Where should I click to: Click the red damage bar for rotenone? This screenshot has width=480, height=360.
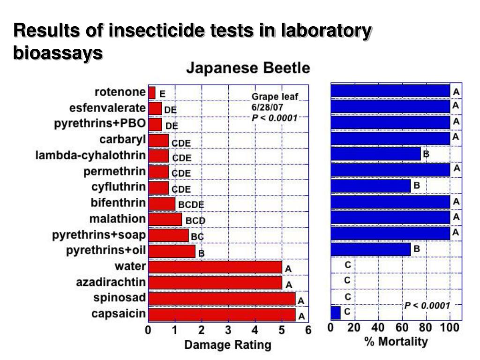[152, 93]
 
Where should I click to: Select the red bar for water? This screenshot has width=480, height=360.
[215, 267]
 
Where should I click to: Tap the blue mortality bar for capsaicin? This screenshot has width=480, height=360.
[336, 312]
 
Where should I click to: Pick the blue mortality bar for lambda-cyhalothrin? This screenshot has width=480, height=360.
[376, 153]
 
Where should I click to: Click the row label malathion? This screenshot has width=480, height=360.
[118, 219]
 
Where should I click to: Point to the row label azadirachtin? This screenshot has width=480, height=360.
[111, 283]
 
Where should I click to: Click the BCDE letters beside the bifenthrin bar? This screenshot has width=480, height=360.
[191, 205]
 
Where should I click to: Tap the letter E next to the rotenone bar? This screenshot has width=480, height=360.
[162, 94]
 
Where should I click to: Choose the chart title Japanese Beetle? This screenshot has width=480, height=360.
[248, 68]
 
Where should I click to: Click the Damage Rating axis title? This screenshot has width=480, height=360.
[227, 345]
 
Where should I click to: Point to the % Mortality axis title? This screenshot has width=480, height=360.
[396, 341]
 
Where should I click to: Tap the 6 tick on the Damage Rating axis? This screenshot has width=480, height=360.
[308, 330]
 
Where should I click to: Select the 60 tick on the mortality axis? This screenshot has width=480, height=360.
[402, 327]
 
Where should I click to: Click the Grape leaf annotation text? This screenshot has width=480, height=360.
[275, 97]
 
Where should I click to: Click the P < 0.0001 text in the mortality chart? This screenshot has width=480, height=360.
[427, 306]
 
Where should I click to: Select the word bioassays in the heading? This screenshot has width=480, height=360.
[58, 52]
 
